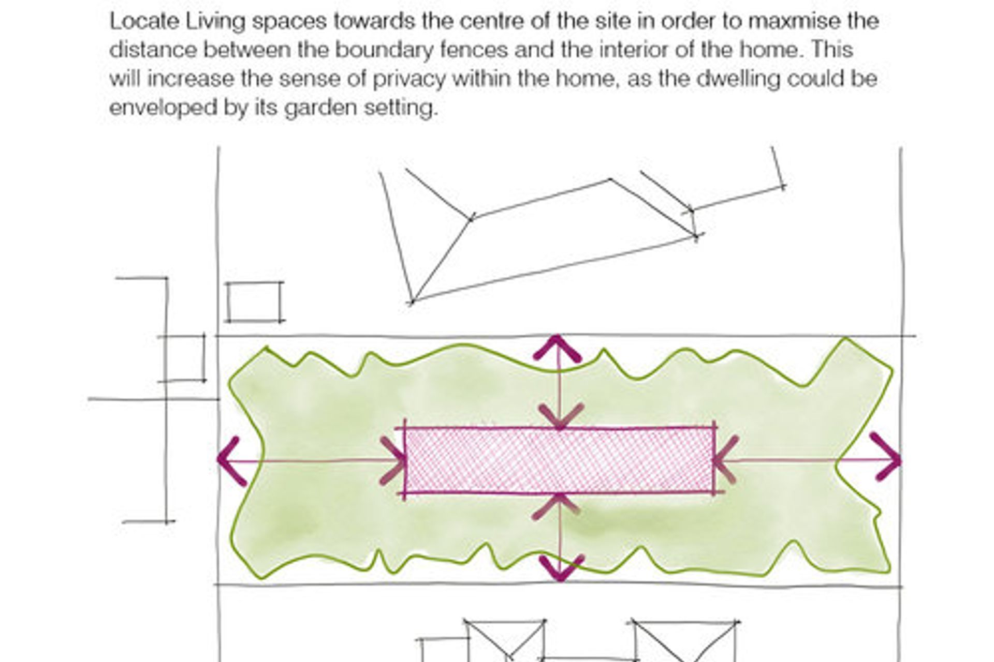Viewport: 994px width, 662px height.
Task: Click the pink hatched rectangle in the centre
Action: point(559,460)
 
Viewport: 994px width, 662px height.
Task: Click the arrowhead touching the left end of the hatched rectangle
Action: point(393,461)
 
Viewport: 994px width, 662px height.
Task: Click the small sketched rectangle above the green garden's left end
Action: point(255,302)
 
